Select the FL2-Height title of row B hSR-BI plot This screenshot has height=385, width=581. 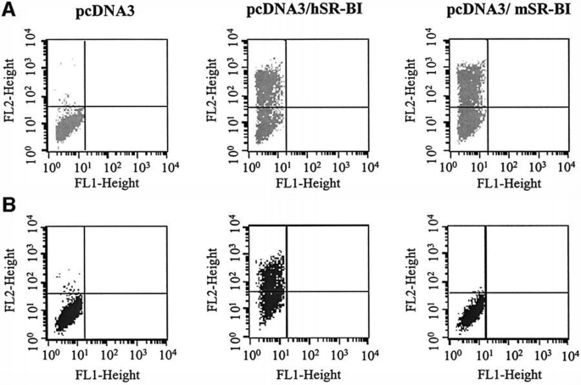(x=214, y=279)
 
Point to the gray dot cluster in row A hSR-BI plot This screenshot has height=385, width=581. (x=269, y=102)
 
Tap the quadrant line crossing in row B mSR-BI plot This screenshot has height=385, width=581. (x=484, y=293)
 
